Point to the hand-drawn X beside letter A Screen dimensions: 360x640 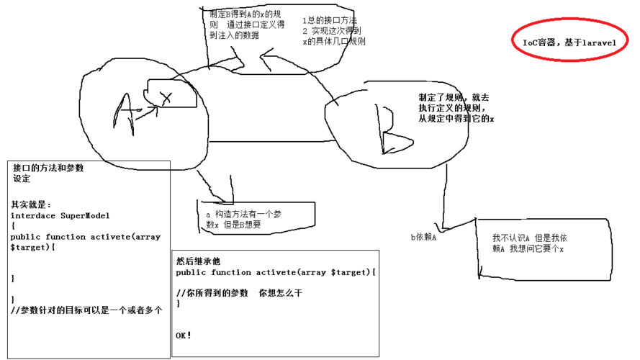[x=166, y=97]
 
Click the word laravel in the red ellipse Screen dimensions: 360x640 [x=590, y=43]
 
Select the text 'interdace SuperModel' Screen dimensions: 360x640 [x=60, y=215]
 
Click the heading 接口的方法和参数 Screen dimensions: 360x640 [x=48, y=168]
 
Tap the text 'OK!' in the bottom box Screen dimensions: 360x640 [x=184, y=336]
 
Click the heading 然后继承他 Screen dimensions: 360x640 [x=198, y=261]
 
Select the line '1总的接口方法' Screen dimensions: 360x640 [x=330, y=21]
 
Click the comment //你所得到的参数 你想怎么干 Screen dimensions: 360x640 [x=239, y=293]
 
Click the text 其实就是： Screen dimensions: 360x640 [x=31, y=204]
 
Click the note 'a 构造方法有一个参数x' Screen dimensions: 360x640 [x=244, y=220]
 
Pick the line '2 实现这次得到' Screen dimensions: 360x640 [x=332, y=31]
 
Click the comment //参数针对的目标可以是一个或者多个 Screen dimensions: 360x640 [x=86, y=310]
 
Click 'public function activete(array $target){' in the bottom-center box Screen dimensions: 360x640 [x=276, y=272]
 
